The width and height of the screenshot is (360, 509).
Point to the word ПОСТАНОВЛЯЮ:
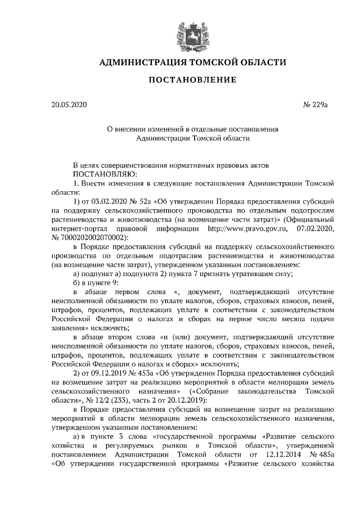[103, 174]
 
